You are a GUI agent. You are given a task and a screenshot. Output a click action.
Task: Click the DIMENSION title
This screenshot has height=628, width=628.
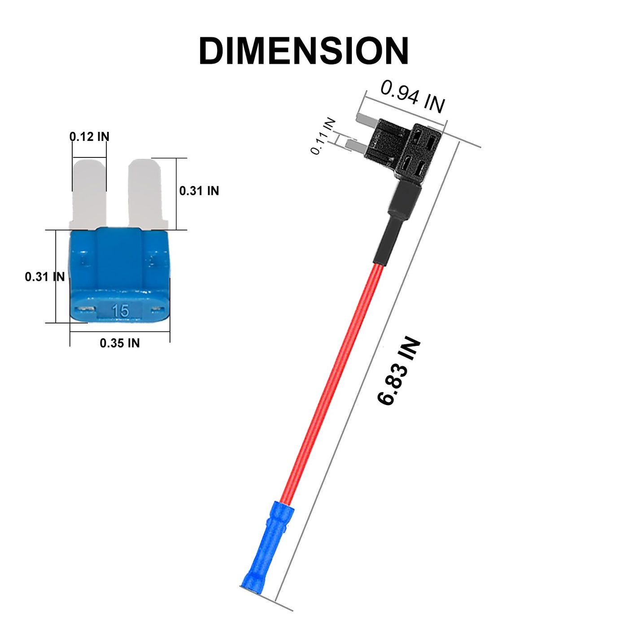click(303, 51)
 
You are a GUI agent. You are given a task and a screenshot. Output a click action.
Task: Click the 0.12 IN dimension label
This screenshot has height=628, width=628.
click(89, 136)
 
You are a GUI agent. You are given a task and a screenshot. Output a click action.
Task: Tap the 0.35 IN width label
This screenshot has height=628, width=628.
click(120, 343)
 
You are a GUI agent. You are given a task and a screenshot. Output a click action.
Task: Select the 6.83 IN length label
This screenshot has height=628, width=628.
click(398, 372)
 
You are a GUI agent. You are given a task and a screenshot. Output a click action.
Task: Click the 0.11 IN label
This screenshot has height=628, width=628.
click(323, 136)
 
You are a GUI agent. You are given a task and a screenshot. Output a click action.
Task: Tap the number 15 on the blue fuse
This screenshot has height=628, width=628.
click(121, 310)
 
